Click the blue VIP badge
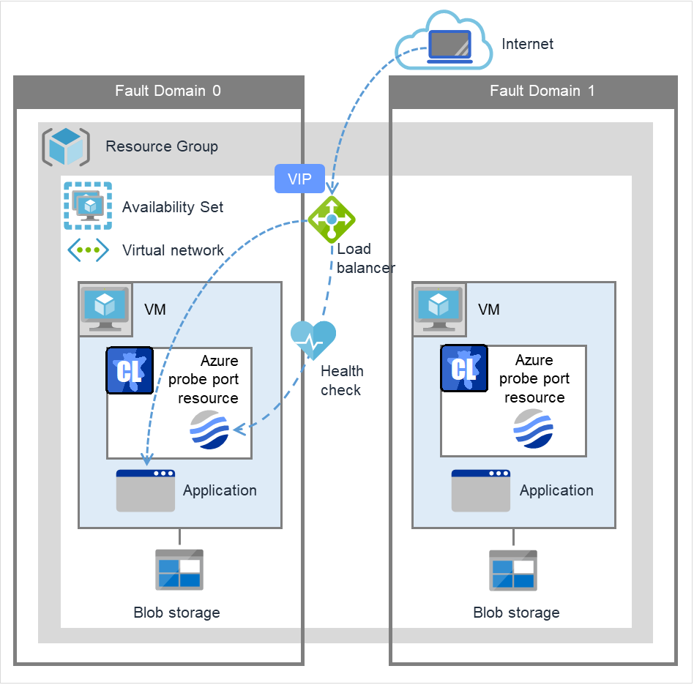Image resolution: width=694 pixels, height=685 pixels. pos(299,179)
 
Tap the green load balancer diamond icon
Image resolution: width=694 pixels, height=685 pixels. pos(332,219)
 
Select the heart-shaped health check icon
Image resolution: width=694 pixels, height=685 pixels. pos(313,339)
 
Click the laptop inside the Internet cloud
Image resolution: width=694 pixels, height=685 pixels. pos(449,46)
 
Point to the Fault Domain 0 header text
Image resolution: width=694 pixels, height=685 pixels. pos(168,91)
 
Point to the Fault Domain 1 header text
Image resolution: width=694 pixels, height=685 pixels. pos(542,91)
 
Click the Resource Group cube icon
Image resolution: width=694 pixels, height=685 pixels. pos(66,146)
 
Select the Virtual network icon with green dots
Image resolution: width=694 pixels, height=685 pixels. pos(89,250)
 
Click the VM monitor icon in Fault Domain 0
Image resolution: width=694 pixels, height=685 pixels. pos(105,309)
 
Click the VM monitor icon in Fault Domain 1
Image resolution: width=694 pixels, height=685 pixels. pos(439,309)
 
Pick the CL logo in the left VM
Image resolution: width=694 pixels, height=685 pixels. pos(130,371)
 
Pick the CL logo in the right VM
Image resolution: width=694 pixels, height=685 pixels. pos(463,370)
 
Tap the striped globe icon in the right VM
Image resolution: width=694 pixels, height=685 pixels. pos(534,429)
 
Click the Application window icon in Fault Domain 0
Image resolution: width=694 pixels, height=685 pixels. pos(145,490)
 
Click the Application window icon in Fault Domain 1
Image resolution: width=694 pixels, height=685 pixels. pos(480,490)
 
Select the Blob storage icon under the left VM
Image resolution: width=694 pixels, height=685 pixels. pos(179,570)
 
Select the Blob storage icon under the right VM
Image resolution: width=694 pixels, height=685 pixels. pos(513,570)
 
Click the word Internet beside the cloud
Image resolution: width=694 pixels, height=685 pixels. pos(527,44)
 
